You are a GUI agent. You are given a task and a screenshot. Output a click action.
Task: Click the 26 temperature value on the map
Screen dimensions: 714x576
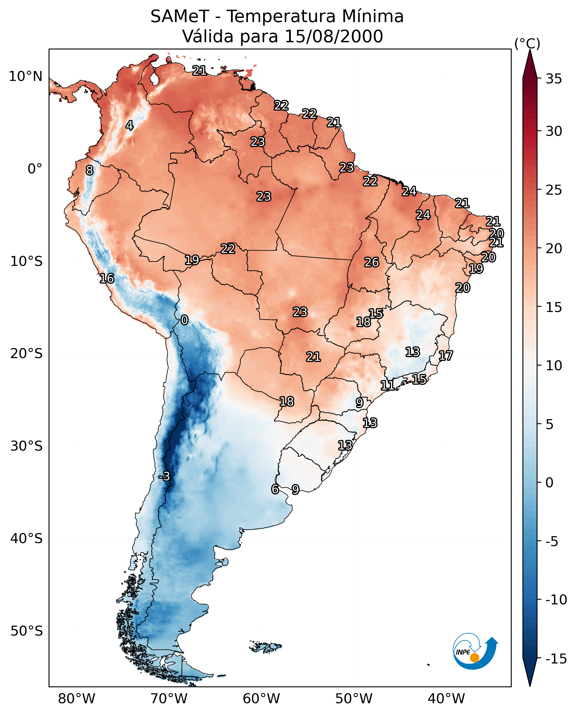click(x=372, y=263)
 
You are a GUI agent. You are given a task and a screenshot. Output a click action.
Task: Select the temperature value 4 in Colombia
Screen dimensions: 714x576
click(x=130, y=125)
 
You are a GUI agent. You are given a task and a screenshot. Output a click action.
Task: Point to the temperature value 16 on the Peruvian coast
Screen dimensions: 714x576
click(x=107, y=278)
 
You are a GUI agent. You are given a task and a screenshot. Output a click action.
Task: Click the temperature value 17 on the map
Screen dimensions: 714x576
click(x=446, y=356)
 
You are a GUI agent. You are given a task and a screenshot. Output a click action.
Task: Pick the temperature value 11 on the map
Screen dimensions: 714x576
click(x=387, y=385)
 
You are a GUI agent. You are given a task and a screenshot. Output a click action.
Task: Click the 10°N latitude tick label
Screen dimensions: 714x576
click(x=26, y=77)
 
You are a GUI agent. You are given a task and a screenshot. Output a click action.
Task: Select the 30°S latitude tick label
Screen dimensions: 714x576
click(x=26, y=446)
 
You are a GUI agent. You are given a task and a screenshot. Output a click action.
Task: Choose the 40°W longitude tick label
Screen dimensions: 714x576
click(x=446, y=699)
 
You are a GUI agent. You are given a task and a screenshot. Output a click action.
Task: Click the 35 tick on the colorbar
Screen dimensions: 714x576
click(x=554, y=79)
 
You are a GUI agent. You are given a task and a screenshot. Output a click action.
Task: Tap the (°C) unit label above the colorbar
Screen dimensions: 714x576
click(x=527, y=43)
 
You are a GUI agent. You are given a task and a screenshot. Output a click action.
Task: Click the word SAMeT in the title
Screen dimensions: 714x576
click(x=179, y=17)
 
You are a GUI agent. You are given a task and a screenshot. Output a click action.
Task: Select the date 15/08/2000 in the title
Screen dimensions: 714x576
click(x=334, y=36)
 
